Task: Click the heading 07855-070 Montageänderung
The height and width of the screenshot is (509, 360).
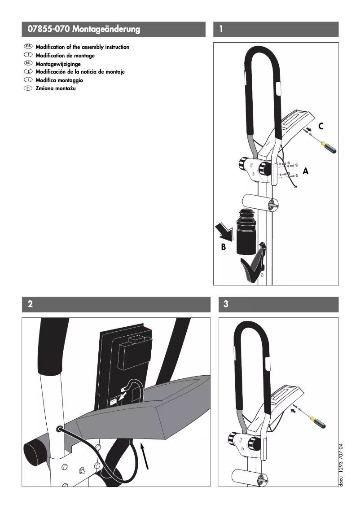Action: click(83, 30)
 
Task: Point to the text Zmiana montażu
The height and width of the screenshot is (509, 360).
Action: click(56, 88)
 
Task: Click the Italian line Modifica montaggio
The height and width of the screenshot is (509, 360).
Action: click(59, 80)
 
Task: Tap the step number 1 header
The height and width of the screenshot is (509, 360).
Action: click(221, 30)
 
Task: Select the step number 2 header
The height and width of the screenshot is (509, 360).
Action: click(30, 304)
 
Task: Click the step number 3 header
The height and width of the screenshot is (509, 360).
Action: click(226, 304)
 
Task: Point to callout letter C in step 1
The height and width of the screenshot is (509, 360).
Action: click(321, 127)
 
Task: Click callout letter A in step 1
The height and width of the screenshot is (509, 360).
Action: click(306, 171)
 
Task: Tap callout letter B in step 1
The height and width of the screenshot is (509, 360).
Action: click(224, 247)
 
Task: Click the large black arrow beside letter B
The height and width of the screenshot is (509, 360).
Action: click(225, 231)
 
